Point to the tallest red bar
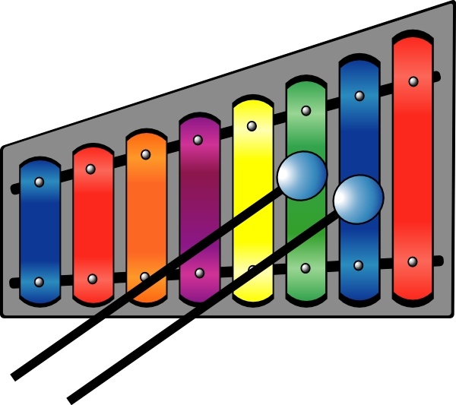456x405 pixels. (413, 167)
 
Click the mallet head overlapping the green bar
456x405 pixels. (302, 176)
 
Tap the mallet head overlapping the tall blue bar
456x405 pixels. (359, 198)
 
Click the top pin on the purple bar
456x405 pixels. (198, 140)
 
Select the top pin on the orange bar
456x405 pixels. (144, 154)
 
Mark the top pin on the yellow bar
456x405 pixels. (252, 125)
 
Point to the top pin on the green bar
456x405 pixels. (306, 111)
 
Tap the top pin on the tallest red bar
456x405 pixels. (413, 81)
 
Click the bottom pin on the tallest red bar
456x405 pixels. (412, 261)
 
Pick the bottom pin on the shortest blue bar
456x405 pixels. (40, 282)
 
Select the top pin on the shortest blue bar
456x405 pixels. (40, 182)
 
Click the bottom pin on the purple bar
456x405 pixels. (199, 273)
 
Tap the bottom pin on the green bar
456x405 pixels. (306, 268)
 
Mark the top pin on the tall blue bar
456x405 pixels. (359, 97)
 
